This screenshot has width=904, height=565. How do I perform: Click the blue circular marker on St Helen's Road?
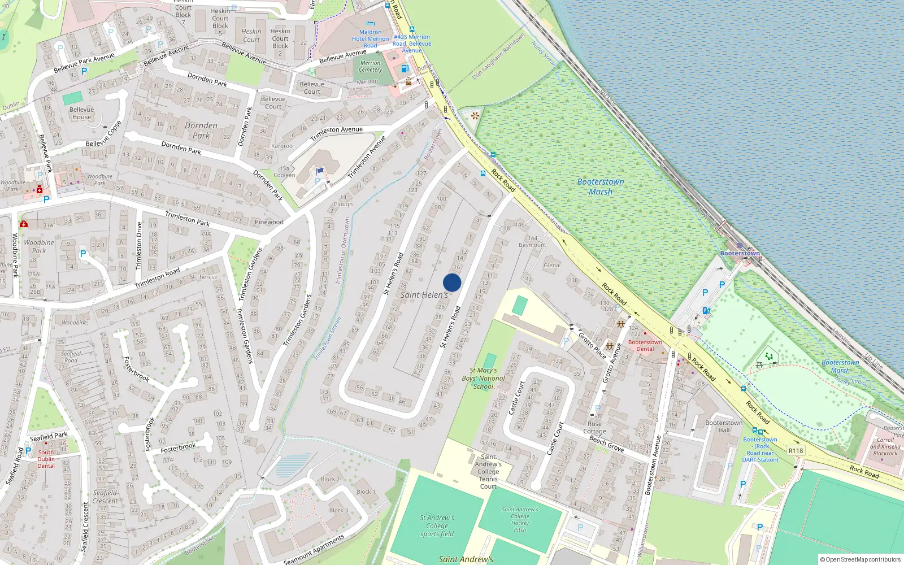[452, 282]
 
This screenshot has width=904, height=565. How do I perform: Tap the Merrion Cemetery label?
[370, 67]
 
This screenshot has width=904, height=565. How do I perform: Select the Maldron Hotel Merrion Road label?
[370, 39]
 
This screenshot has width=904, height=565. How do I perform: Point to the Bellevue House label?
[81, 114]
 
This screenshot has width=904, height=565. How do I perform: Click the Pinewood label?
[269, 222]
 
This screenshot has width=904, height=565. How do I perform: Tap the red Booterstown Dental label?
[645, 345]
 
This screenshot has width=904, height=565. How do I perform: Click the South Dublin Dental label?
[46, 459]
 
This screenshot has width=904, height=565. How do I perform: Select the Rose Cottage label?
[594, 427]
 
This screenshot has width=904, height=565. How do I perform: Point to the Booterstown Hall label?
[724, 426]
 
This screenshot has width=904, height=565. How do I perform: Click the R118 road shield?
[796, 450]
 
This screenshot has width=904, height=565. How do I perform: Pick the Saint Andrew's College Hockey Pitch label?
[520, 519]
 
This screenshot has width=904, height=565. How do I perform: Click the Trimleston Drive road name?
[139, 246]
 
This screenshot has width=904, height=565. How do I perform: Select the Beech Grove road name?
[606, 444]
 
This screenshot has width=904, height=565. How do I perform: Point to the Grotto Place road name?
[592, 345]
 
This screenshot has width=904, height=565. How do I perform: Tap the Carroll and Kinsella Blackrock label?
[885, 446]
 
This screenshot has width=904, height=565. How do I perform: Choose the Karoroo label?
[281, 146]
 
